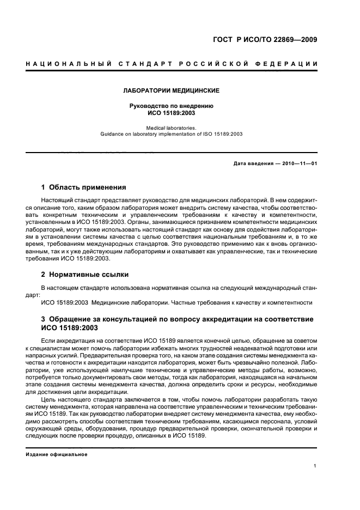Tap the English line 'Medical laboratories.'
172,126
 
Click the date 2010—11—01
299,163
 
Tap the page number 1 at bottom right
316,466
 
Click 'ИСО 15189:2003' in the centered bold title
172,113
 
